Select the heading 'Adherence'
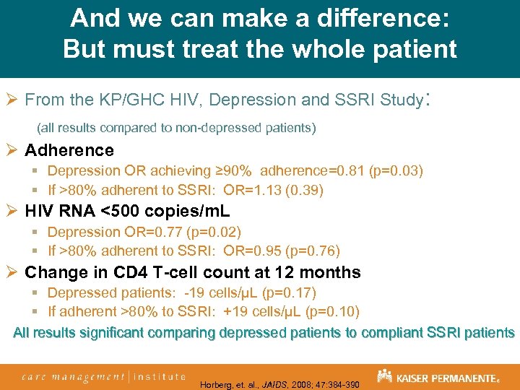69,150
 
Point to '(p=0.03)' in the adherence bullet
396,171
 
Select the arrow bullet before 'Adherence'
12,150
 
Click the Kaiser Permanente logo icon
384,376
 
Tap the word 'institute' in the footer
158,376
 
